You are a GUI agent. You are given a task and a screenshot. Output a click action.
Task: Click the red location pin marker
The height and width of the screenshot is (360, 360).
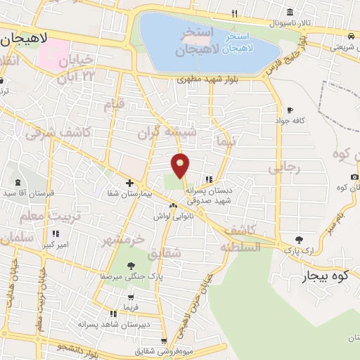(x=181, y=165)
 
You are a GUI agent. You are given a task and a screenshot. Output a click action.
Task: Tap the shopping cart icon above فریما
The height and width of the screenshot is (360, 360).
(x=131, y=297)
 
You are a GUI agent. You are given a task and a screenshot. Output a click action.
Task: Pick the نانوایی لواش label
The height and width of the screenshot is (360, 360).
(x=172, y=217)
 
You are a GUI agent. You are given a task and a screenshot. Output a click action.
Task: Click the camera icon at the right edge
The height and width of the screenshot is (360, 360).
(x=354, y=176)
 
